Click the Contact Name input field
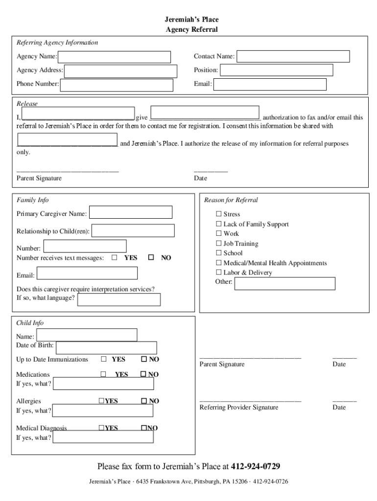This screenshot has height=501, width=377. [x=293, y=57]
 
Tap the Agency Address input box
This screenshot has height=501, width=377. [x=121, y=71]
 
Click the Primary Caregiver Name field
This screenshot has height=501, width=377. [x=131, y=212]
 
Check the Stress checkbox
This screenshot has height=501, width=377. [x=219, y=214]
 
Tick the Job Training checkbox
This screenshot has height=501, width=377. [x=219, y=244]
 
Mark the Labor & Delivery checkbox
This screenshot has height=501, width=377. [x=219, y=273]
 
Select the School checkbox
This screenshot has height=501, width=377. [x=219, y=253]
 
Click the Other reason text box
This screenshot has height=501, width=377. [x=284, y=284]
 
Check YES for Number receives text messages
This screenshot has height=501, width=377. [x=115, y=257]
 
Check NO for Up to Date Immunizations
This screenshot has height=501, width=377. [x=144, y=359]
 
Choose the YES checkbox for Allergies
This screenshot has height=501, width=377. [x=101, y=401]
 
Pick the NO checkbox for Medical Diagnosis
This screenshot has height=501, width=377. [x=144, y=428]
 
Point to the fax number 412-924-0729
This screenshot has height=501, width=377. [x=252, y=466]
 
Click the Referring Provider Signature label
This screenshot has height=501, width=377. [x=239, y=408]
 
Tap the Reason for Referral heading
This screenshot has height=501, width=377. [x=231, y=200]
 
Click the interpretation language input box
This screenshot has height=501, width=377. [x=119, y=299]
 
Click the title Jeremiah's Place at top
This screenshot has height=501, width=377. [x=191, y=20]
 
